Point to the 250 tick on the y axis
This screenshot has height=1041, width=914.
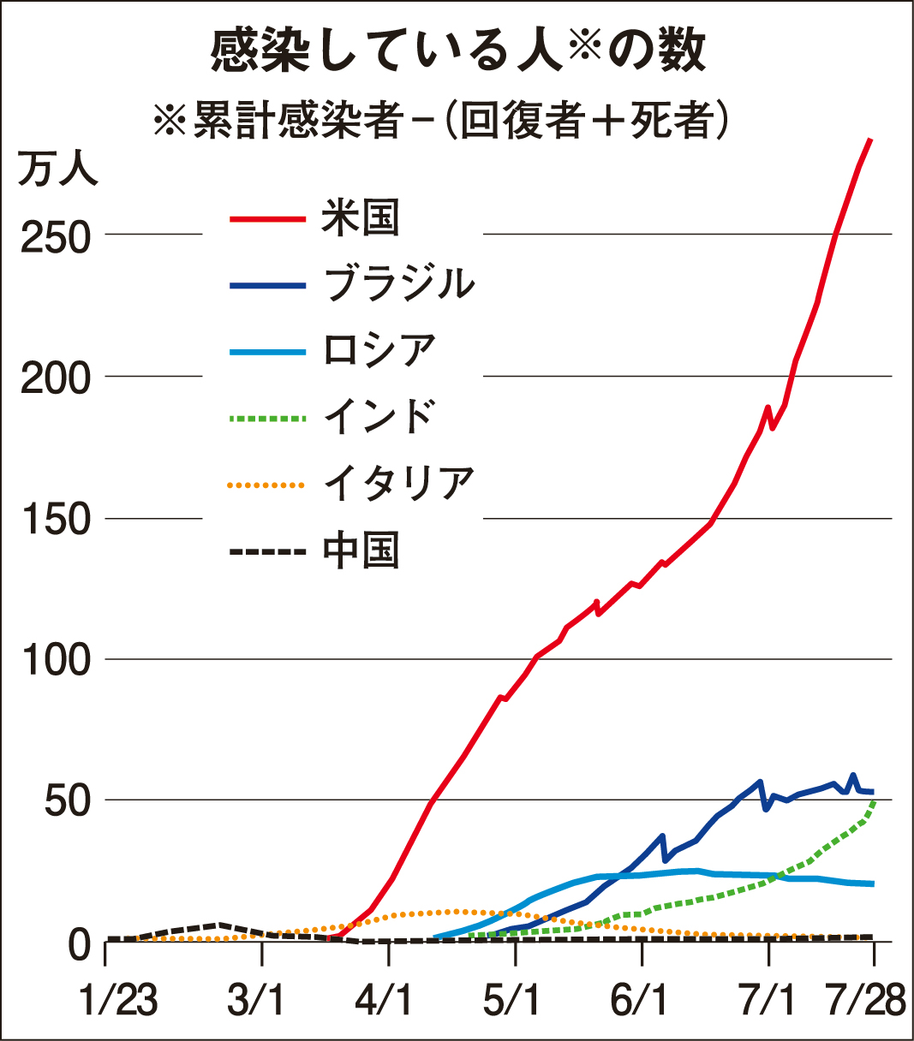point(55,237)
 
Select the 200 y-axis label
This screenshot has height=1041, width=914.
point(55,378)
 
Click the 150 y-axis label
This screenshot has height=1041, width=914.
point(55,520)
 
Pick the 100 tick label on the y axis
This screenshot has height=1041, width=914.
point(55,661)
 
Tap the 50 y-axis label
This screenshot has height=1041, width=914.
point(67,802)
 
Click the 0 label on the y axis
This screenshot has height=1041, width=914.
point(79,943)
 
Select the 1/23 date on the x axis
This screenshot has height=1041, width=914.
point(118,1000)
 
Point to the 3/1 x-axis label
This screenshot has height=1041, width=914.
point(256,1000)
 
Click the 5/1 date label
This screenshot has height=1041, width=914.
point(512,1000)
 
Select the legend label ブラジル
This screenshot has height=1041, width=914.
point(399,283)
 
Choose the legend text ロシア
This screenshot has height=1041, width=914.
point(380,350)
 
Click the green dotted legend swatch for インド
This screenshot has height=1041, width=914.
point(267,419)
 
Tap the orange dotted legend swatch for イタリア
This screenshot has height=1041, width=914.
point(267,485)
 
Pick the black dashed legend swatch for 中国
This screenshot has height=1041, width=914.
point(267,551)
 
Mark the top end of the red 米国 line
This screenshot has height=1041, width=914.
point(870,140)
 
